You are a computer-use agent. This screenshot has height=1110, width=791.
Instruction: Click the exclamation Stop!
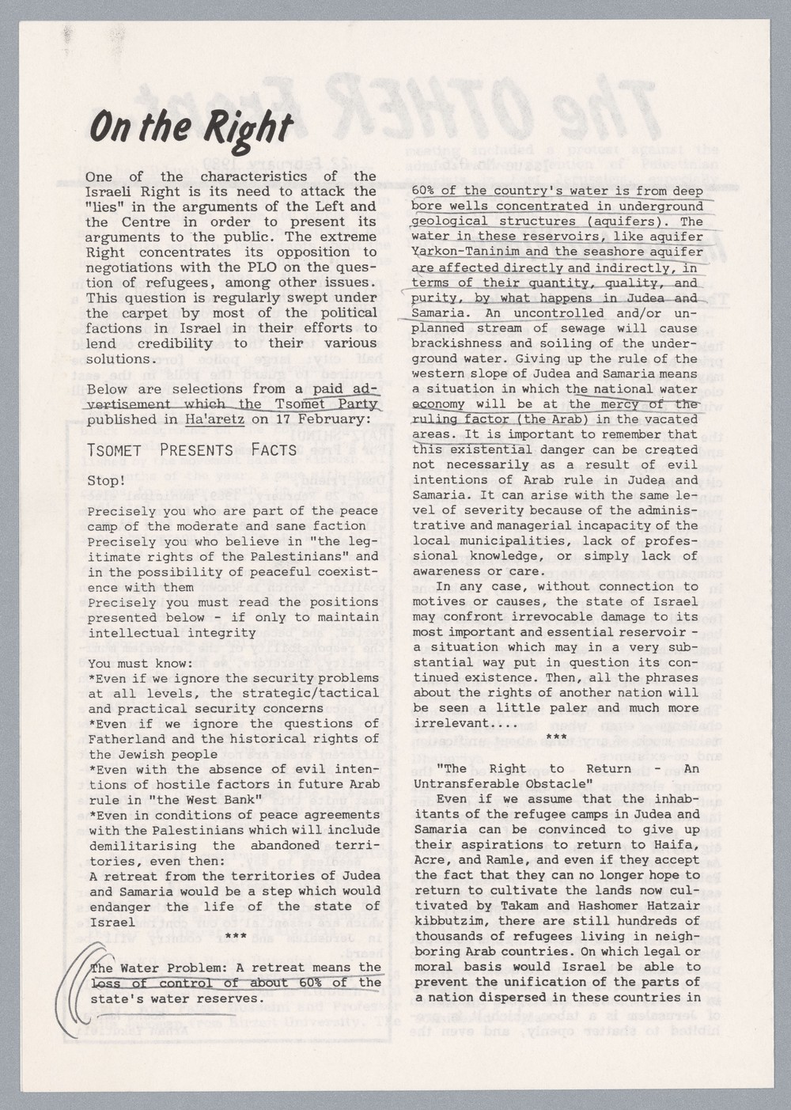point(106,481)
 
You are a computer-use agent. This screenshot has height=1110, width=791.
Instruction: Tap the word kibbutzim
point(446,921)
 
